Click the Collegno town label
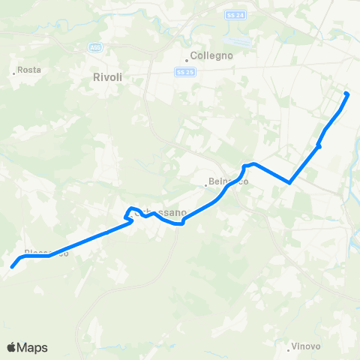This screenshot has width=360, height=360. (212, 55)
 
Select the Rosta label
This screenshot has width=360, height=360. (29, 70)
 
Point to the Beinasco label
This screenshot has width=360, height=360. (229, 182)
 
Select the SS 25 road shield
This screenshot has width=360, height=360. (185, 71)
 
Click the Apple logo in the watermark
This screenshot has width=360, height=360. (12, 347)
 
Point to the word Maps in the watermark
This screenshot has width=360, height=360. (33, 347)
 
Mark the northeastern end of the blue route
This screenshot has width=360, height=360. (346, 94)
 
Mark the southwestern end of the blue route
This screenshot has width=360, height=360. (13, 266)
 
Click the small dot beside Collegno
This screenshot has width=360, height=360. (187, 61)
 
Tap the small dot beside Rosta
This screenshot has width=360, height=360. (14, 73)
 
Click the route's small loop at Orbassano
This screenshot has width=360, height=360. (129, 213)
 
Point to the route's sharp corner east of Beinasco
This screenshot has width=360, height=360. (289, 181)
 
